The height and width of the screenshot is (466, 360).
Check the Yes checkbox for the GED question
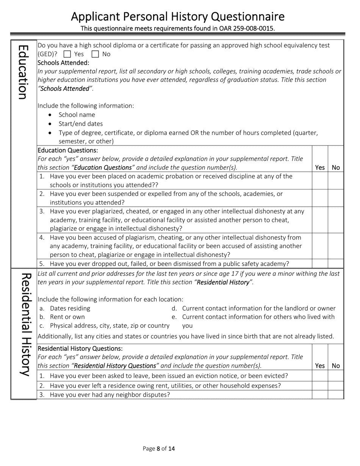[x=67, y=54]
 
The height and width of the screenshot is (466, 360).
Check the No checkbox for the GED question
[x=95, y=54]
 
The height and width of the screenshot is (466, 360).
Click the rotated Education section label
[x=23, y=72]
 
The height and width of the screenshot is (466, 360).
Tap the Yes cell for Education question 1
[x=320, y=181]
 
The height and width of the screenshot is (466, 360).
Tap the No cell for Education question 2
[x=336, y=198]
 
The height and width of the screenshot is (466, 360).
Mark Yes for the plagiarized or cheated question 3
[x=320, y=220]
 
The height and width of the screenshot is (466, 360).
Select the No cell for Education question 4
[x=336, y=246]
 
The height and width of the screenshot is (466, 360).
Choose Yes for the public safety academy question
[x=320, y=264]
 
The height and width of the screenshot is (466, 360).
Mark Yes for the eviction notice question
[x=320, y=376]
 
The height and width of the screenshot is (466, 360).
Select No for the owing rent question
[x=336, y=386]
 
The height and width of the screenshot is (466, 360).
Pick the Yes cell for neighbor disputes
[x=320, y=395]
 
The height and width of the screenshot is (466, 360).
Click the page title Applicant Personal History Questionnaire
[x=178, y=17]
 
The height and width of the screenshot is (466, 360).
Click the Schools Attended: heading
[x=64, y=63]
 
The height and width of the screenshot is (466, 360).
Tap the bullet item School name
[x=77, y=115]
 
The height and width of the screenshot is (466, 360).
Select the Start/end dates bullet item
[x=81, y=124]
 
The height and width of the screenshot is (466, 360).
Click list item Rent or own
[x=67, y=317]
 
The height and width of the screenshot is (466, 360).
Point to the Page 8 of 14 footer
[x=159, y=449]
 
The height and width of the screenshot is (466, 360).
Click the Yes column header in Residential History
[x=320, y=366]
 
